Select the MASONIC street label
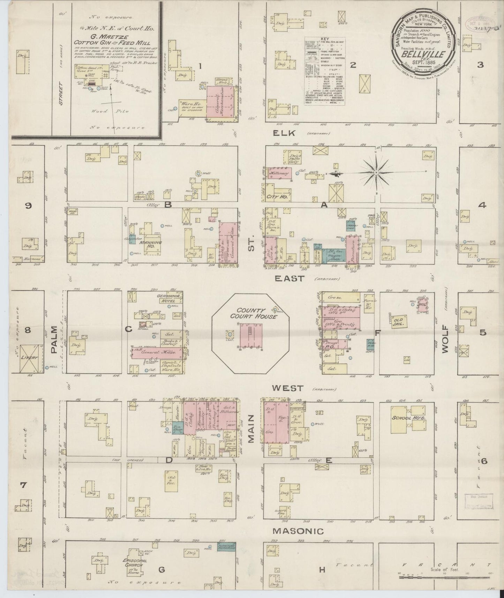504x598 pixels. pyautogui.click(x=298, y=541)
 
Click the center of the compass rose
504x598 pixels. pyautogui.click(x=376, y=173)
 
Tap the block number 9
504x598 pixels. pyautogui.click(x=28, y=206)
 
